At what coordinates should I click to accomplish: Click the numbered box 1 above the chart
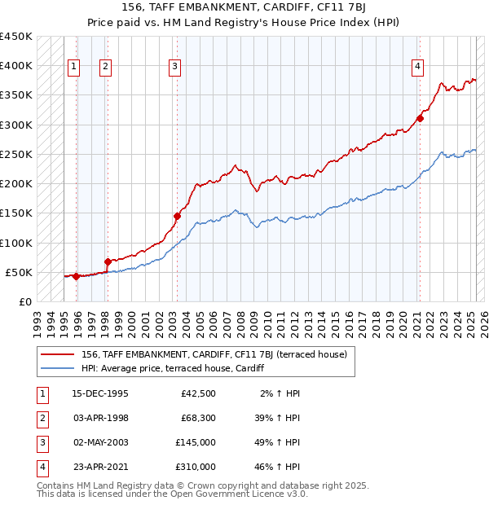coord(74,67)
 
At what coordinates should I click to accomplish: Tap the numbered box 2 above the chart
coord(106,67)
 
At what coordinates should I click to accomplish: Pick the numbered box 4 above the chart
coord(417,67)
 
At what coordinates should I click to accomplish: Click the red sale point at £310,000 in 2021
coord(421,118)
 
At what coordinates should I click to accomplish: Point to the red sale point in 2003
coord(177,216)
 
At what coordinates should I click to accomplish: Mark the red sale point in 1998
coord(108,261)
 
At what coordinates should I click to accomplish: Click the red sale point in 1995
coord(76,276)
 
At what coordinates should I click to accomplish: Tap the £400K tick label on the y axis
coord(16,66)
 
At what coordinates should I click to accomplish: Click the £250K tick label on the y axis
coord(16,154)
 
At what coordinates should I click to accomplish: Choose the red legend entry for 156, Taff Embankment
coord(214,354)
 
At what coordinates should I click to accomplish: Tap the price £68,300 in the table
coord(196,418)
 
